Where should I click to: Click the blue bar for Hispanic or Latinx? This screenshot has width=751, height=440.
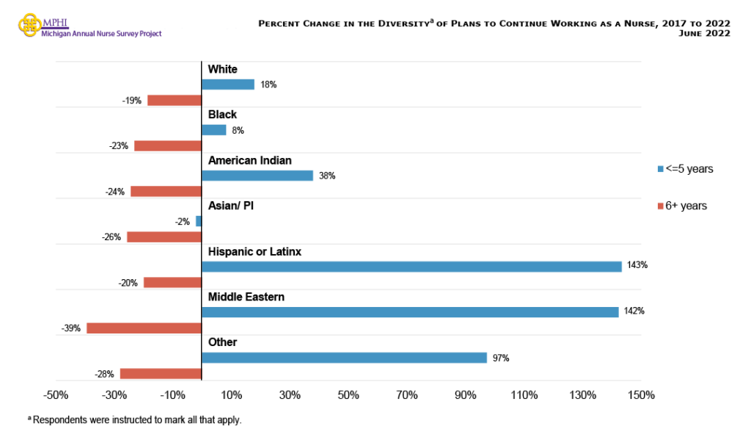pyautogui.click(x=411, y=266)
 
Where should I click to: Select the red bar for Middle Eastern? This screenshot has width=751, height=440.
pyautogui.click(x=144, y=328)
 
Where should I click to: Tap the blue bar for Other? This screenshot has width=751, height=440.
pyautogui.click(x=344, y=358)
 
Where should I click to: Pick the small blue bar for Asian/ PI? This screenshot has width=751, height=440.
pyautogui.click(x=199, y=220)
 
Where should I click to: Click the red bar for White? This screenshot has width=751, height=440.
pyautogui.click(x=174, y=101)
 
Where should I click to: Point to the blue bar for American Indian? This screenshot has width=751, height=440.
pyautogui.click(x=257, y=176)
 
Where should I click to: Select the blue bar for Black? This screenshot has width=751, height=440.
pyautogui.click(x=213, y=130)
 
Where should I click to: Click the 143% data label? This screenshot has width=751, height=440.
pyautogui.click(x=637, y=265)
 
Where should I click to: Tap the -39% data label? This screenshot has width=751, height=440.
pyautogui.click(x=71, y=328)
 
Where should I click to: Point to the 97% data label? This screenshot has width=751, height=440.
pyautogui.click(x=501, y=358)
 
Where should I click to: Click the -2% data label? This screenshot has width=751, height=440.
pyautogui.click(x=182, y=221)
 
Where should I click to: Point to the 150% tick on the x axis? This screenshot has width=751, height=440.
pyautogui.click(x=641, y=395)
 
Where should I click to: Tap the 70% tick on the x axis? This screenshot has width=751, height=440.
pyautogui.click(x=407, y=395)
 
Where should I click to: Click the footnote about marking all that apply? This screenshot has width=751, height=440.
pyautogui.click(x=134, y=420)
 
